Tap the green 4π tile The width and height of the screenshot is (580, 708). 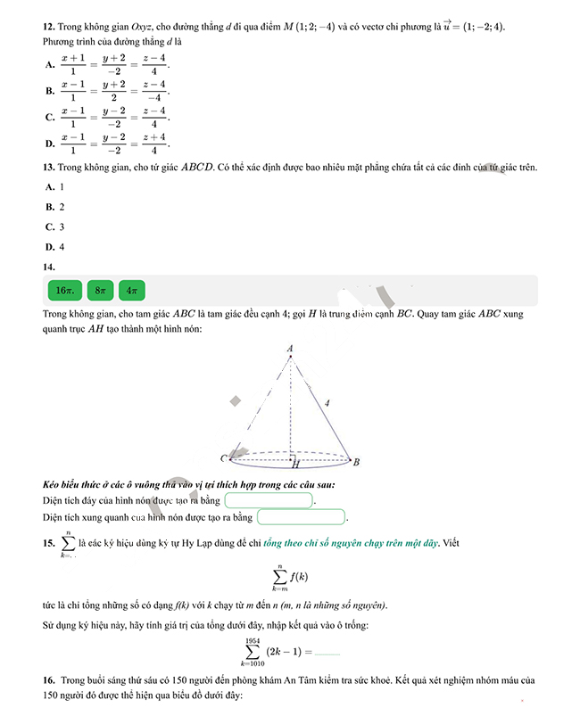pos(131,291)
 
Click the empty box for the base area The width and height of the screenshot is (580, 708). pos(269,500)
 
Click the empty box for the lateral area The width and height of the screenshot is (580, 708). pos(301,516)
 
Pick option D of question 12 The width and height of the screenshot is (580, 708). pos(50,144)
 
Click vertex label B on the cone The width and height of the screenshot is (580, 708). pos(356,462)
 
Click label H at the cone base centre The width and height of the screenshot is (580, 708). pos(294,465)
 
